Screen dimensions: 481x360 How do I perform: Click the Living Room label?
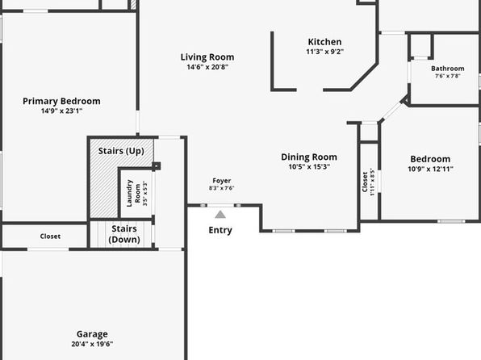(x=207, y=57)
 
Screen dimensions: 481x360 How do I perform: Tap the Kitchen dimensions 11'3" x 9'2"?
(x=325, y=52)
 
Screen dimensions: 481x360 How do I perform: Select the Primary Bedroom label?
(x=61, y=101)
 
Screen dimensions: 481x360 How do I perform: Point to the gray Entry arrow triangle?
(x=220, y=214)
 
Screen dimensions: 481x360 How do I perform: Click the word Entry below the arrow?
(x=220, y=230)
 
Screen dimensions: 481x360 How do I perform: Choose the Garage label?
(x=92, y=334)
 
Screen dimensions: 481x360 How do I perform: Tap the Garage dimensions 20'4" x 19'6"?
(x=92, y=344)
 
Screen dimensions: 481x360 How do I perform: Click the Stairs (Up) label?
(x=121, y=151)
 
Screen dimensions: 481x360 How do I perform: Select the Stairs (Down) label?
(x=124, y=234)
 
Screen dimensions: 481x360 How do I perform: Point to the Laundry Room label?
(x=134, y=194)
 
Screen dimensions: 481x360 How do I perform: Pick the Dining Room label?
(x=309, y=157)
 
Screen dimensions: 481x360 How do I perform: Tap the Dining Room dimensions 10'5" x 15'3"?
(x=309, y=167)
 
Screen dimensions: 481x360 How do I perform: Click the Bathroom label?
(x=448, y=69)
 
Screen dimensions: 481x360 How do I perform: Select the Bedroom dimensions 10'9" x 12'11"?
(x=430, y=169)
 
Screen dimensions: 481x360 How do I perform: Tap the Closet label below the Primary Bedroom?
(x=50, y=237)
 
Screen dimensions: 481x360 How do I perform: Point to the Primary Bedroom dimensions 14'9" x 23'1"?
(x=61, y=111)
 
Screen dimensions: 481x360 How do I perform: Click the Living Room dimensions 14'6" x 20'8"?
(x=207, y=67)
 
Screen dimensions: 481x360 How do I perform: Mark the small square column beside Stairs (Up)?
(x=156, y=166)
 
